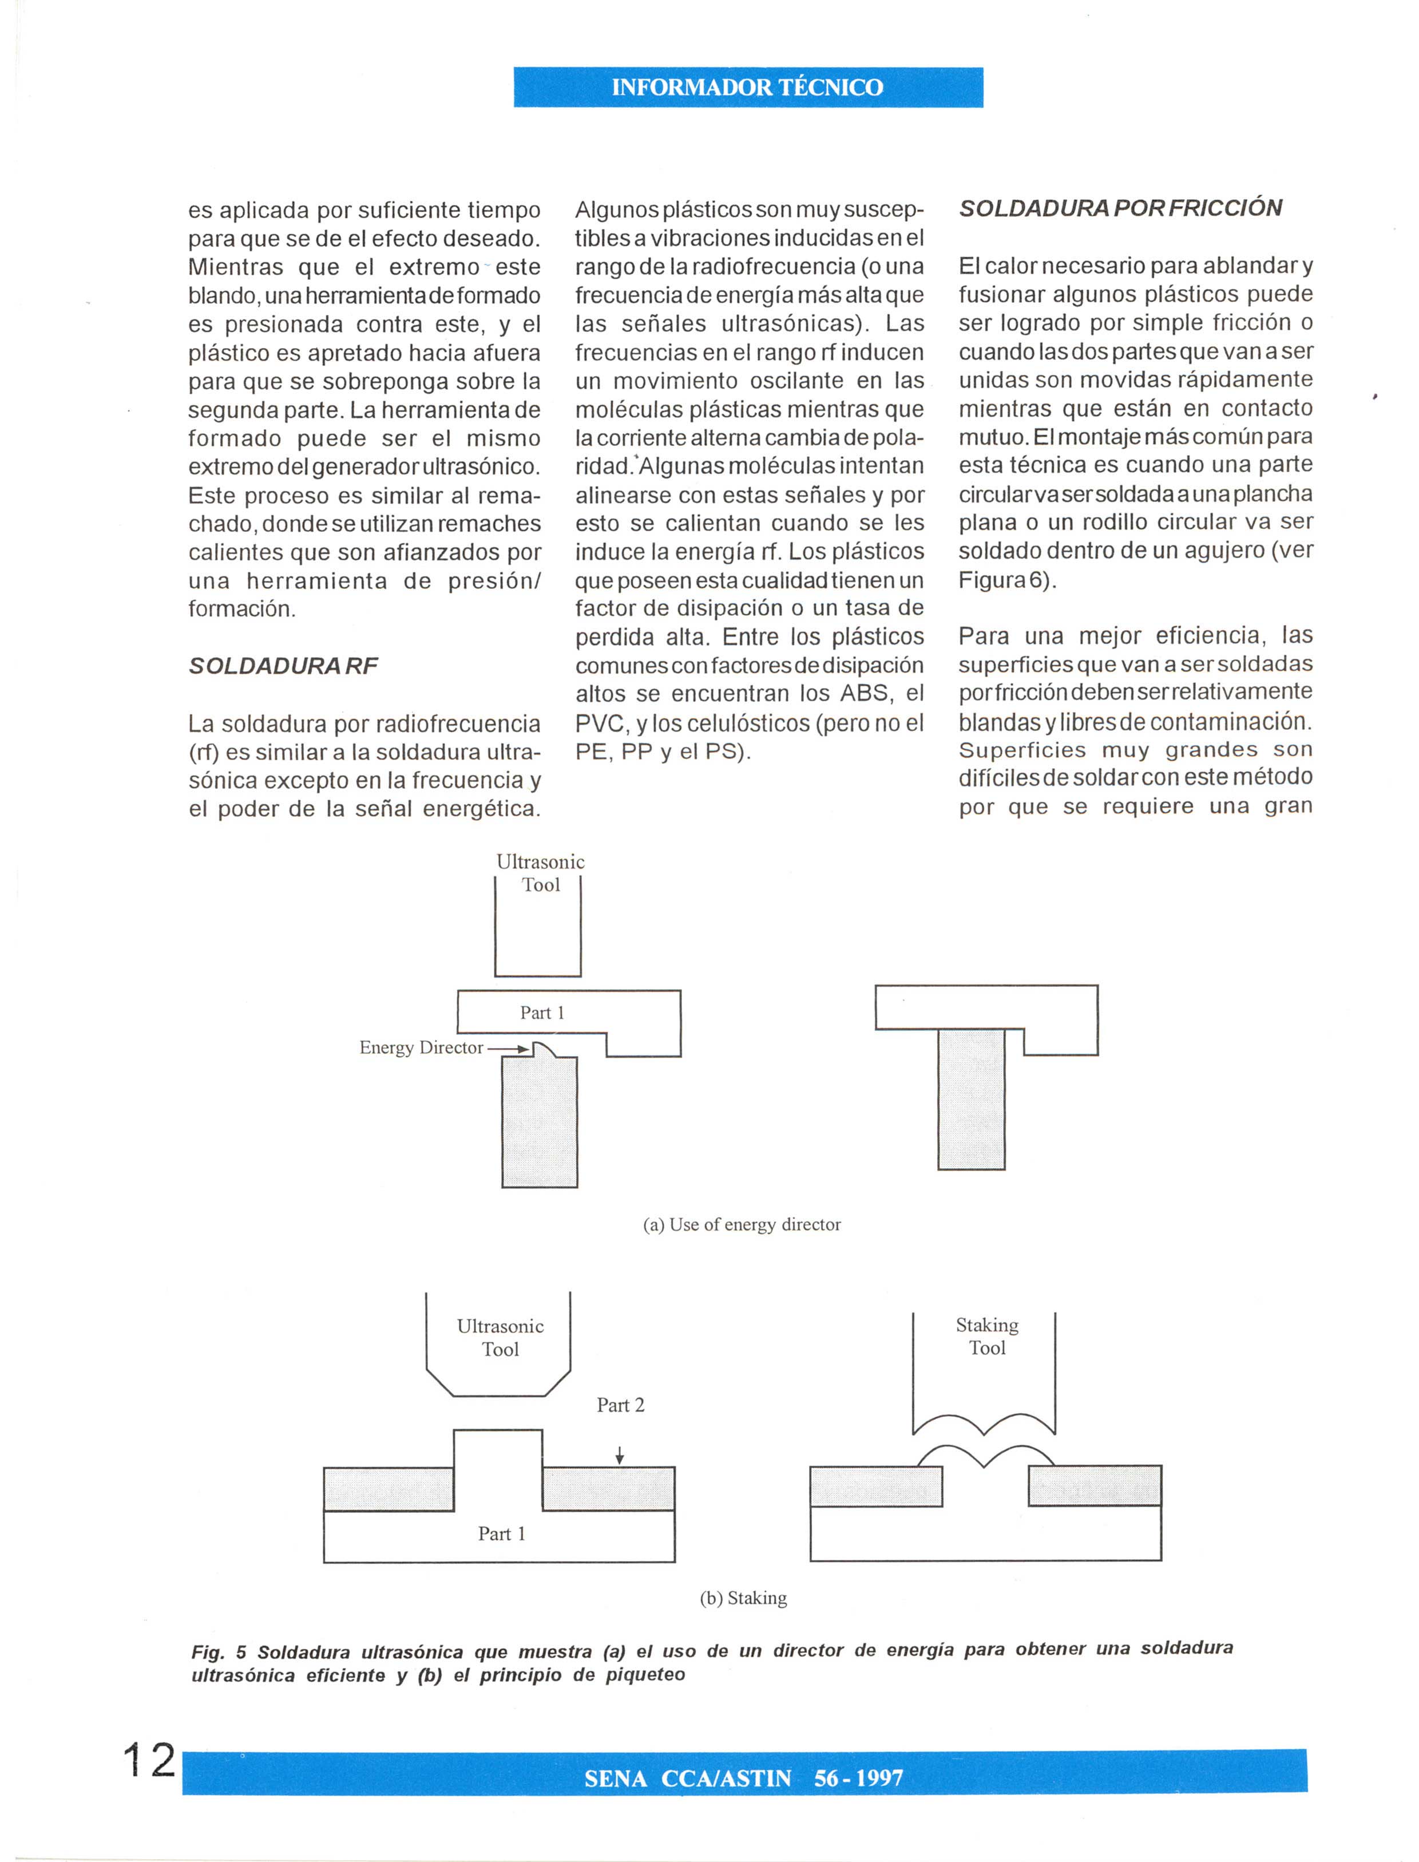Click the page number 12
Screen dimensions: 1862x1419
click(x=149, y=1761)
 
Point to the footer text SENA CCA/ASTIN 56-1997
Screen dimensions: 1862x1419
click(x=743, y=1778)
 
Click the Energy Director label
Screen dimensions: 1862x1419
click(x=421, y=1047)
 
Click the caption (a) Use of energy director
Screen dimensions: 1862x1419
click(x=742, y=1224)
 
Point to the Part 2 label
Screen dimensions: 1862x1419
click(x=620, y=1405)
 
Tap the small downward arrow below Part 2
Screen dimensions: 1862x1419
click(x=620, y=1455)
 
